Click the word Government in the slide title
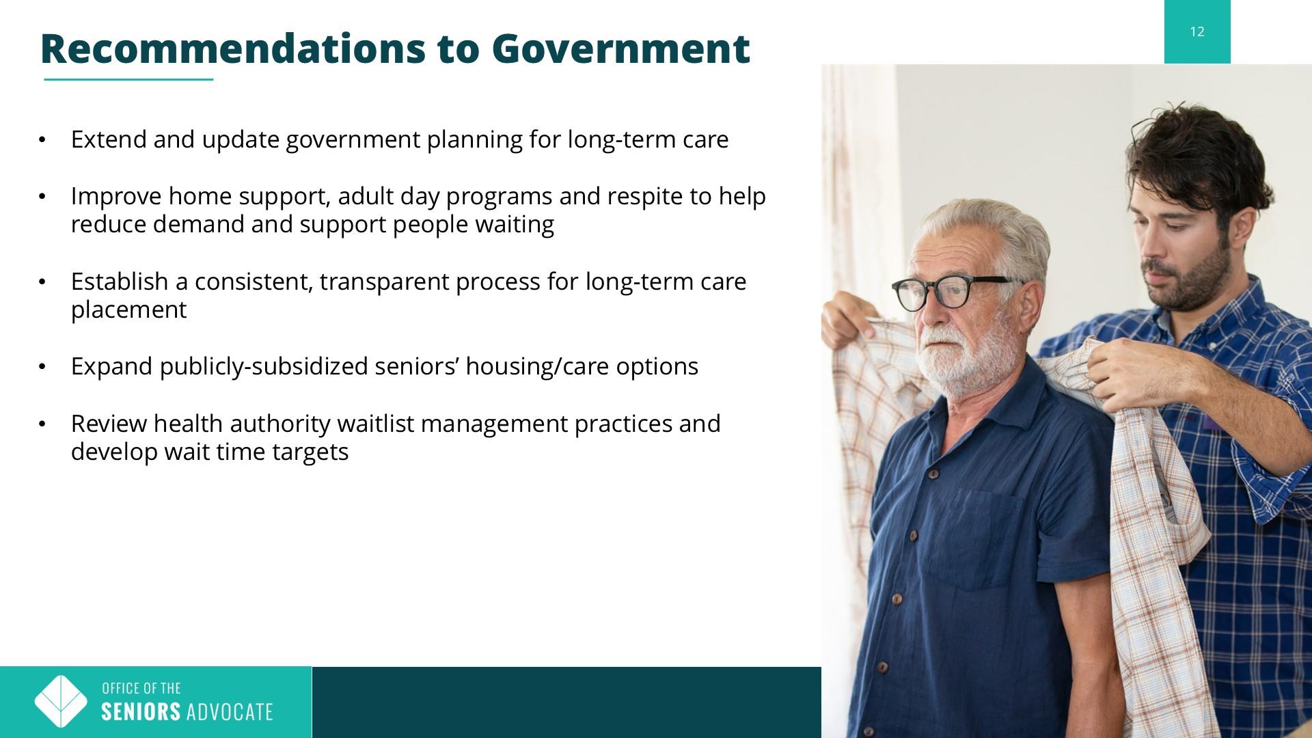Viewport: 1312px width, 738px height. pyautogui.click(x=620, y=49)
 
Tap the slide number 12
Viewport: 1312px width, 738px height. pyautogui.click(x=1197, y=31)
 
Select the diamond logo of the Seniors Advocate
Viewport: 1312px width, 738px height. pyautogui.click(x=61, y=702)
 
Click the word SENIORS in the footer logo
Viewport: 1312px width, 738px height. pyautogui.click(x=141, y=712)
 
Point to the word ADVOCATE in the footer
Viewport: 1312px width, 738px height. pyautogui.click(x=230, y=712)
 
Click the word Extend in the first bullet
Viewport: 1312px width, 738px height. pyautogui.click(x=109, y=139)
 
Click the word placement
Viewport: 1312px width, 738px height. pyautogui.click(x=128, y=310)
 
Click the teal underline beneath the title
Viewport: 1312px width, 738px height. pyautogui.click(x=129, y=80)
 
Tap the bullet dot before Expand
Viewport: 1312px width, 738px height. pyautogui.click(x=42, y=367)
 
